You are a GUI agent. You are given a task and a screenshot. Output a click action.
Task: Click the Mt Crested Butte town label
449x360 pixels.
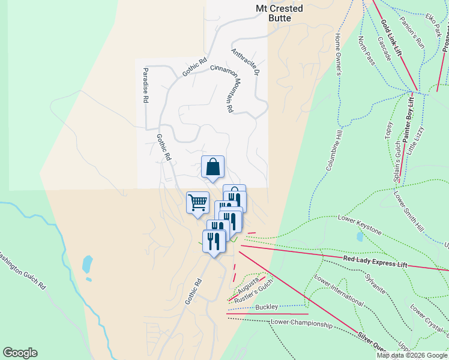pyautogui.click(x=280, y=13)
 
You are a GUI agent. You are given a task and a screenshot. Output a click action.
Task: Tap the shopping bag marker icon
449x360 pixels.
pyautogui.click(x=213, y=167)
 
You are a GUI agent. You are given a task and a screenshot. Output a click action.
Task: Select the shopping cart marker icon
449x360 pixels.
pyautogui.click(x=197, y=202)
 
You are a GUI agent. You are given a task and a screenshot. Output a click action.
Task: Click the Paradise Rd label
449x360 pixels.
pyautogui.click(x=145, y=85)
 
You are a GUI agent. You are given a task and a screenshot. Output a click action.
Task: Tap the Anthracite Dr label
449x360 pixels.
pyautogui.click(x=244, y=62)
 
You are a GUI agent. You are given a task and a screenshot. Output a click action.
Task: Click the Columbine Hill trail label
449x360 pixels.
pyautogui.click(x=337, y=149)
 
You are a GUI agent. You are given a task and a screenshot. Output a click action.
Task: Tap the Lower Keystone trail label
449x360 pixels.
pyautogui.click(x=360, y=224)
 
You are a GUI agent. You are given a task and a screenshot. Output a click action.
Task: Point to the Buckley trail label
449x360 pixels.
pyautogui.click(x=267, y=307)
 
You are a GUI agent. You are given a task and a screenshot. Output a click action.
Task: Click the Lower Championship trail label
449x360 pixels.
pyautogui.click(x=301, y=324)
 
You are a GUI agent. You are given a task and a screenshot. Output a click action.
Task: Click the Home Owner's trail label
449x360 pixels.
pyautogui.click(x=338, y=55)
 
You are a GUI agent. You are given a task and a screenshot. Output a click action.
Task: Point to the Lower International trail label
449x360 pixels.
pyautogui.click(x=339, y=291)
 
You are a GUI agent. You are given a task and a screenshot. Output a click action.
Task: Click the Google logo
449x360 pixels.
pyautogui.click(x=20, y=353)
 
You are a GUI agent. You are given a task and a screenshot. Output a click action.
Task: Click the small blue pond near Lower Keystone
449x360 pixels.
pyautogui.click(x=359, y=236)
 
